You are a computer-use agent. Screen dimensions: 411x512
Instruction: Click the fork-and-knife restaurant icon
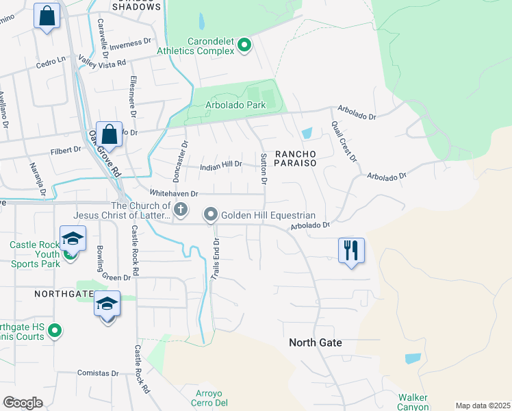351,251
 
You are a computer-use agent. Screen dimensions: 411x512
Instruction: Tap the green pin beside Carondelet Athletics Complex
244,46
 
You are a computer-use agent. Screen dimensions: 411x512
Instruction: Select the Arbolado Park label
236,105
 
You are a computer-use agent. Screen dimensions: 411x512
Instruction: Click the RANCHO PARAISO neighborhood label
294,158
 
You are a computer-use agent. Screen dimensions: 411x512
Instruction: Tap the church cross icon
181,210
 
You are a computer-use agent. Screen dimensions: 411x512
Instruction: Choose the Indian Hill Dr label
221,165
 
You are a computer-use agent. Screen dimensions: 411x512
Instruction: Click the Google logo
23,403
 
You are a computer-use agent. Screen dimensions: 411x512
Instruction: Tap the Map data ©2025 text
482,406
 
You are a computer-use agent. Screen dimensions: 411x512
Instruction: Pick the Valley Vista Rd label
102,61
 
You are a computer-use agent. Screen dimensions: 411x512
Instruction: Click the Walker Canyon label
413,402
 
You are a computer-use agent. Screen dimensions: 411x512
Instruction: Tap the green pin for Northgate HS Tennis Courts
55,332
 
